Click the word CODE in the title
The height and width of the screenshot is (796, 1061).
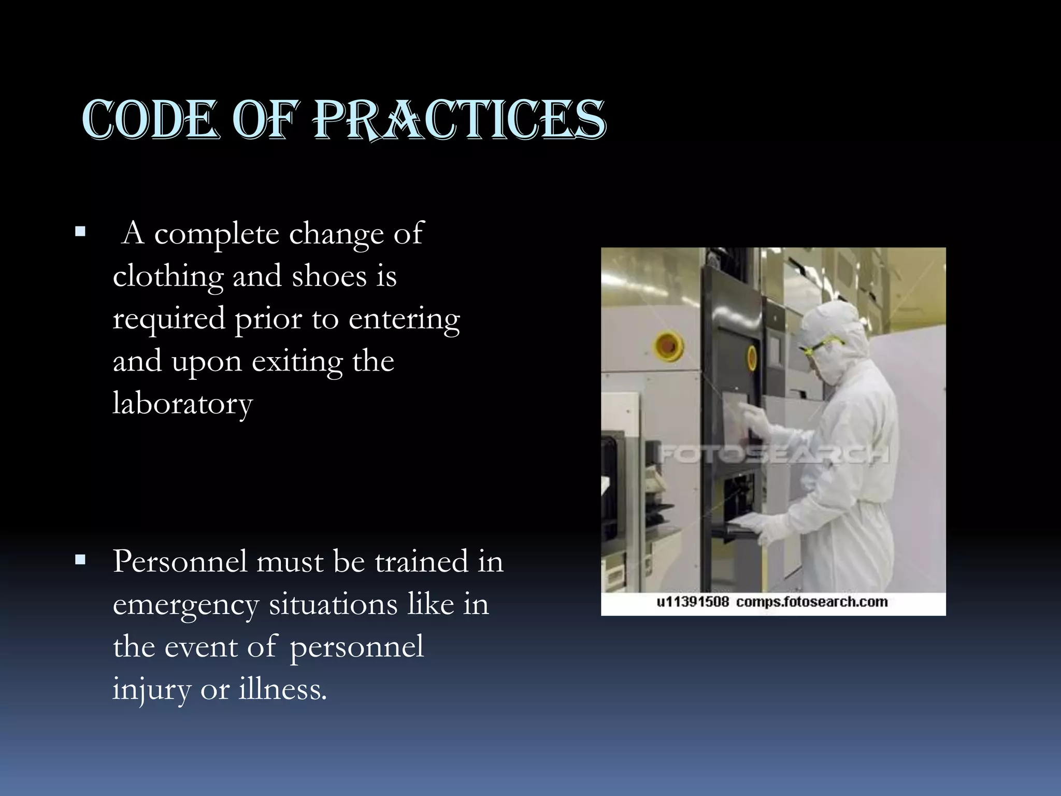[x=150, y=120]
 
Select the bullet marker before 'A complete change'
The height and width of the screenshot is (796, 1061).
[x=80, y=231]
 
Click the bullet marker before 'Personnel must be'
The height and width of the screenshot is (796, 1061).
[x=80, y=560]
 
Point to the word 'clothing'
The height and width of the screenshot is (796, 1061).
[x=168, y=277]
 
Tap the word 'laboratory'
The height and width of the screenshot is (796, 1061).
[x=182, y=404]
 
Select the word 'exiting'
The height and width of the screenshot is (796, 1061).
[x=297, y=362]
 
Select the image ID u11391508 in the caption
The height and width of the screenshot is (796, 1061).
[x=692, y=602]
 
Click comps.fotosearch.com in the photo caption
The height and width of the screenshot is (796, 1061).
[x=811, y=602]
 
